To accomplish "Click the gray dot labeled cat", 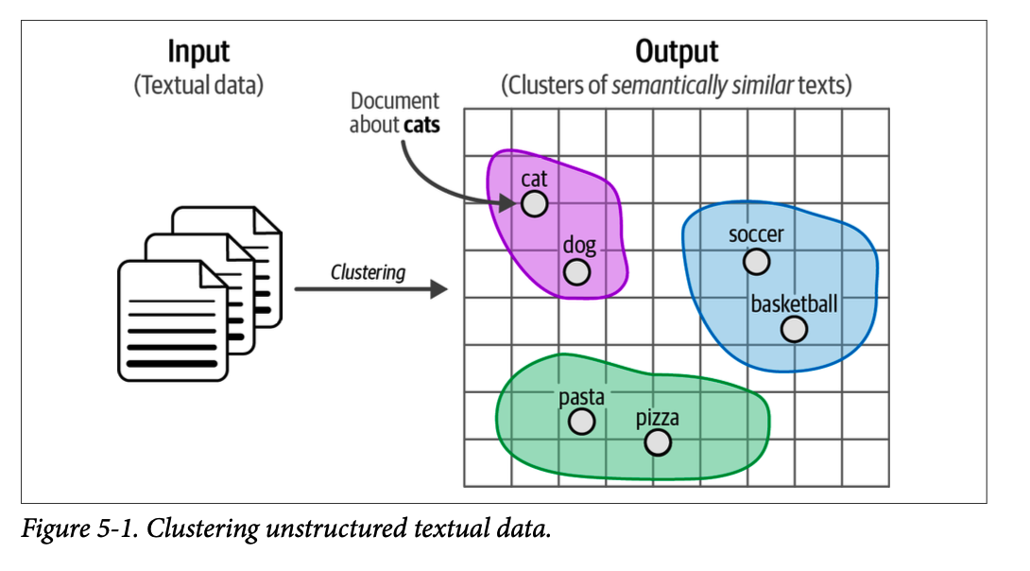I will (x=534, y=203).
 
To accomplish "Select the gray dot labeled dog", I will (x=576, y=272).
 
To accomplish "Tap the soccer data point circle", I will (x=756, y=261).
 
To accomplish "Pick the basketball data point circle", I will (x=794, y=329).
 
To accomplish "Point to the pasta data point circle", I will (x=582, y=422).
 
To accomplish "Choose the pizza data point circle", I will (x=658, y=441).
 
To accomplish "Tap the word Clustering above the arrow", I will (x=368, y=273).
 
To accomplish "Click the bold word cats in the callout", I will (x=421, y=124).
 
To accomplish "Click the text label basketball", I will (x=794, y=303).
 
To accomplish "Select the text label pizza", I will (x=657, y=417).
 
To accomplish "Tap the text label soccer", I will (x=756, y=234).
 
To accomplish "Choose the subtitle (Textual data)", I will (x=198, y=85).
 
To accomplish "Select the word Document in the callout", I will (x=395, y=101).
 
